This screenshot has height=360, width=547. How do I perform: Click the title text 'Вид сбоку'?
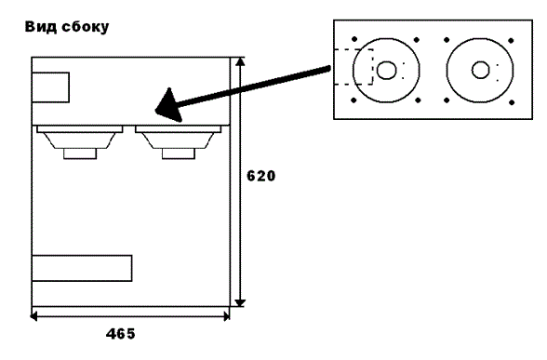pos(67,27)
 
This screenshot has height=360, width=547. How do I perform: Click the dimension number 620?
pos(260,176)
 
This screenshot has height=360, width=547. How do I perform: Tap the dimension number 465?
pos(120,334)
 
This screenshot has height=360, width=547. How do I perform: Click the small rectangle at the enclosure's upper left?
pos(50,87)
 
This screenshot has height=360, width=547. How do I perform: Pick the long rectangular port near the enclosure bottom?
pos(82,268)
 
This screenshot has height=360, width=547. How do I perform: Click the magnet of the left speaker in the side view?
pos(80,153)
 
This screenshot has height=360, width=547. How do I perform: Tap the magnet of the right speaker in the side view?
pos(179,153)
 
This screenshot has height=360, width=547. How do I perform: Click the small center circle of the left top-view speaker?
pos(387,70)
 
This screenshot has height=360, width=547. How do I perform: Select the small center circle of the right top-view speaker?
pos(480,70)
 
